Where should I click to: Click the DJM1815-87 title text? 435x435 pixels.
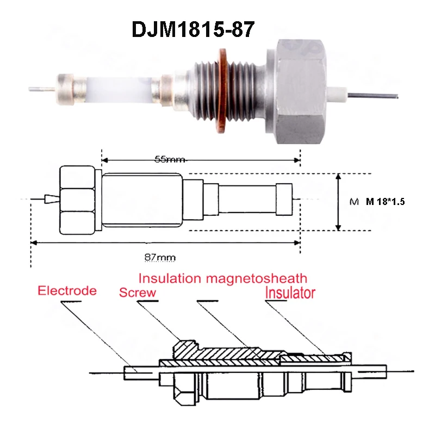(x=193, y=29)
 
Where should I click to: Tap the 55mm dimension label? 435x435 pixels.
(x=170, y=160)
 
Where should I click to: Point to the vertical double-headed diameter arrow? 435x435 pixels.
(x=339, y=202)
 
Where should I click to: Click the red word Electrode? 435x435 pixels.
(x=67, y=290)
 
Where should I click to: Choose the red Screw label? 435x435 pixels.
(x=138, y=293)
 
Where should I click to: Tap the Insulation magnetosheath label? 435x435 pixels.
(x=222, y=278)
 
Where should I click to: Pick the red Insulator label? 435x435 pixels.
(x=290, y=293)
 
